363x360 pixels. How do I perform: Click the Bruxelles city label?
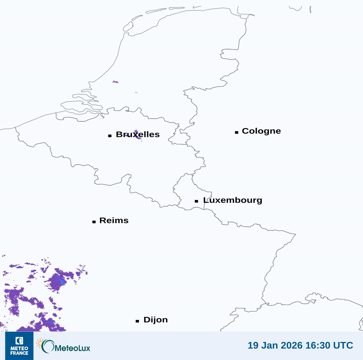pyautogui.click(x=137, y=134)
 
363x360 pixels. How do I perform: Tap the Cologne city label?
pyautogui.click(x=261, y=131)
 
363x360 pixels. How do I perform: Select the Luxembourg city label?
pyautogui.click(x=233, y=200)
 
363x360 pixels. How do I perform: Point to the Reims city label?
pyautogui.click(x=114, y=220)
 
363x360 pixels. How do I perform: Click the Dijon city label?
pyautogui.click(x=155, y=320)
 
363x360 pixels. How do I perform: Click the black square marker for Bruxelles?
pyautogui.click(x=110, y=136)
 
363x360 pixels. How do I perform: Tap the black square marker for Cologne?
pyautogui.click(x=237, y=132)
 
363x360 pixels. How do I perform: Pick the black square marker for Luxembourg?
pyautogui.click(x=197, y=201)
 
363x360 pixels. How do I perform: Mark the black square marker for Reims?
pyautogui.click(x=94, y=222)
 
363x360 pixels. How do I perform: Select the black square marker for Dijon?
pyautogui.click(x=137, y=321)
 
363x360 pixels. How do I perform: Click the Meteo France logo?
pyautogui.click(x=19, y=346)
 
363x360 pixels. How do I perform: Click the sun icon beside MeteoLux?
pyautogui.click(x=40, y=343)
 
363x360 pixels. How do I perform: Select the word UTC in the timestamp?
pyautogui.click(x=343, y=345)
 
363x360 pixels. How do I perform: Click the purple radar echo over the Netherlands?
pyautogui.click(x=115, y=82)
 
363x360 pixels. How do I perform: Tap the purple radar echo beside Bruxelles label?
pyautogui.click(x=137, y=135)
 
